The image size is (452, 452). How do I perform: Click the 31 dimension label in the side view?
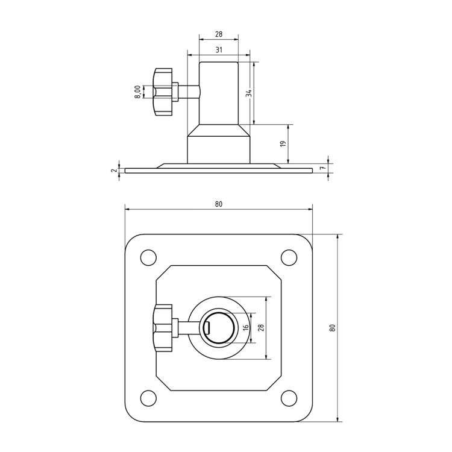(x=219, y=50)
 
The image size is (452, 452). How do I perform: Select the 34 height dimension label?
(x=249, y=93)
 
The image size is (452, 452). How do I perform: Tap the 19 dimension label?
(x=283, y=144)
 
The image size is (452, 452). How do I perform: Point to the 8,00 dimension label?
(x=138, y=92)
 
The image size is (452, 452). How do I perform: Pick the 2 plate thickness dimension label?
(x=114, y=171)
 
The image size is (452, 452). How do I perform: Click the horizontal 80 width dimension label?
(x=219, y=204)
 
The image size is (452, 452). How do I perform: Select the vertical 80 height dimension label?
(x=332, y=328)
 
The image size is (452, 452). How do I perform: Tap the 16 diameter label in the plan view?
(x=246, y=328)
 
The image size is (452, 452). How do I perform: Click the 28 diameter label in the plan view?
(x=261, y=328)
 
